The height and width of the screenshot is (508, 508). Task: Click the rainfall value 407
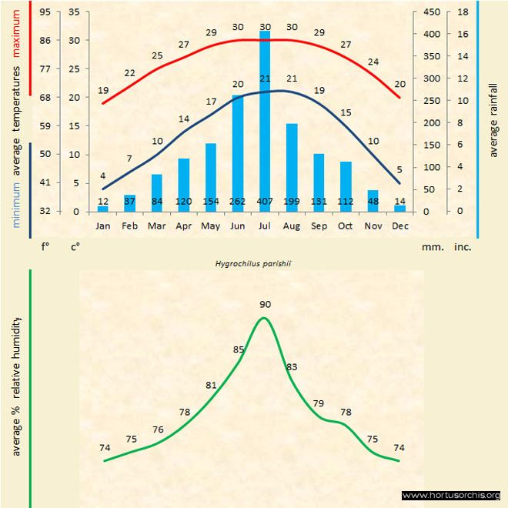pos(265,202)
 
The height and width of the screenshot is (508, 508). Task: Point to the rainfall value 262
pos(238,202)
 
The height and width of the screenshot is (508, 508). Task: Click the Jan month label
pos(103,226)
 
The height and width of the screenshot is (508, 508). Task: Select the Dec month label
pos(399,226)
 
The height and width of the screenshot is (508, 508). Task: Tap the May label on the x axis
pos(211,226)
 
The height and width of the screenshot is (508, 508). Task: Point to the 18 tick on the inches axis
pos(463,12)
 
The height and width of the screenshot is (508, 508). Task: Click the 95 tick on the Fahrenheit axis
pos(45,12)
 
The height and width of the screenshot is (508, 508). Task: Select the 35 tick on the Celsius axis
pos(73,12)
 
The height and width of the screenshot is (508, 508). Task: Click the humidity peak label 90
pos(266,305)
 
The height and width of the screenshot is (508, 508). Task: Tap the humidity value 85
pos(239,349)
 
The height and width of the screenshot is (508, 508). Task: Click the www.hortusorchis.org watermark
pos(451,496)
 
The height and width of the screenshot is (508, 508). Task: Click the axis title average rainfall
pos(493,119)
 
